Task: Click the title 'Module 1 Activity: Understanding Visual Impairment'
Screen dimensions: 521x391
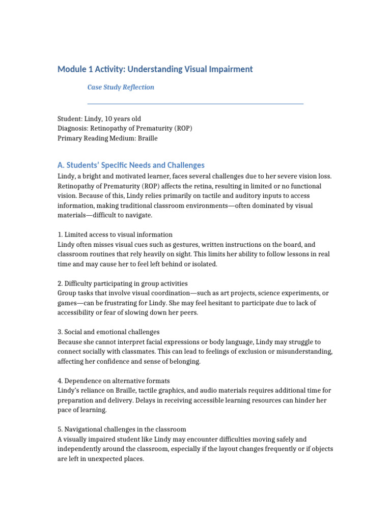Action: pos(155,69)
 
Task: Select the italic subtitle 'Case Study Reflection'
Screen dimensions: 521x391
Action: pos(121,87)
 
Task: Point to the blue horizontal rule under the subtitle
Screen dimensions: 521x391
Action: pos(195,104)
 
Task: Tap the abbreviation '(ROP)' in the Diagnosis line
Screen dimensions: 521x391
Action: pos(183,128)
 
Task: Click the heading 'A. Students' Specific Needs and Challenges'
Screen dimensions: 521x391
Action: pos(131,165)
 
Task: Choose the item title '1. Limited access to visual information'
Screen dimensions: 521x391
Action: pos(115,235)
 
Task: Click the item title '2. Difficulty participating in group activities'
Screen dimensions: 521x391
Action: pos(123,283)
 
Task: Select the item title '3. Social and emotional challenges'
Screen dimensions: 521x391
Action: pos(108,332)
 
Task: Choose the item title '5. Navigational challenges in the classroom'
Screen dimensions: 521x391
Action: pos(122,429)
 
